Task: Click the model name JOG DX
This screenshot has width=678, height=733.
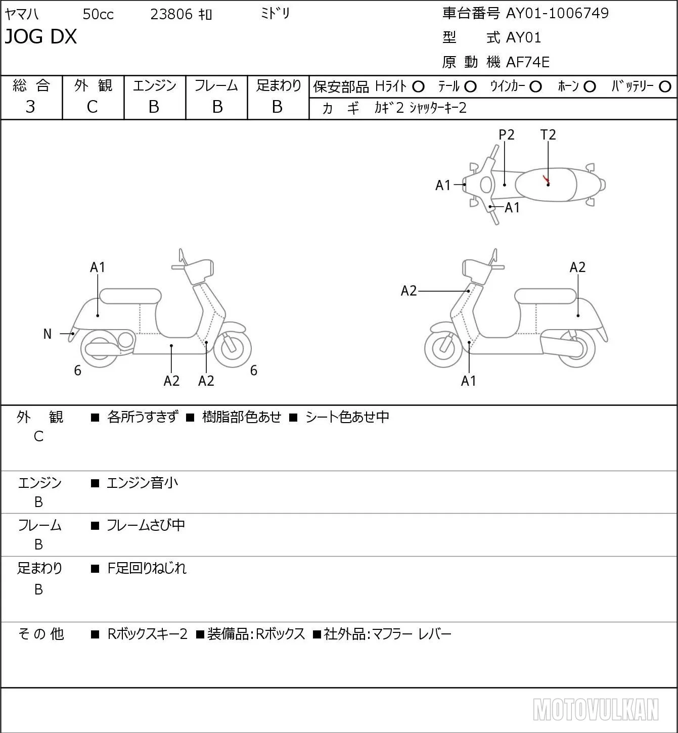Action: [x=40, y=36]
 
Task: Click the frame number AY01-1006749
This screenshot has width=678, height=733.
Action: [x=557, y=13]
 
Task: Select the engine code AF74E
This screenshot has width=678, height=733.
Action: [x=528, y=62]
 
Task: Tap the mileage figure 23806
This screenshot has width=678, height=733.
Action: [x=171, y=14]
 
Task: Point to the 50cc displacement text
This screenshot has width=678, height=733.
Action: [x=98, y=14]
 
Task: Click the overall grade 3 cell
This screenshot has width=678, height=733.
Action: [x=30, y=107]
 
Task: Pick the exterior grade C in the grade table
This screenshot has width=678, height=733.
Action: [x=92, y=107]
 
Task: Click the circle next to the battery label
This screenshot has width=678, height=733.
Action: [x=665, y=86]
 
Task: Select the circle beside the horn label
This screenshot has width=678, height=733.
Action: [x=590, y=86]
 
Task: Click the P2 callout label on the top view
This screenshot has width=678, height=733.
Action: [x=506, y=134]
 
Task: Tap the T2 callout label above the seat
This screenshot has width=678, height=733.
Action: [x=548, y=134]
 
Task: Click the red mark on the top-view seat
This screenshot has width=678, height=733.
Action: [x=546, y=179]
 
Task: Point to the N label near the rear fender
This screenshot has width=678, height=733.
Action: [x=47, y=334]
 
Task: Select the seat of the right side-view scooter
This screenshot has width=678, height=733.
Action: [x=545, y=296]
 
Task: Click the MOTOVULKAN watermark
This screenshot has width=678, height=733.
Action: [x=596, y=709]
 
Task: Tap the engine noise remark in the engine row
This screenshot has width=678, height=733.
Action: [x=142, y=483]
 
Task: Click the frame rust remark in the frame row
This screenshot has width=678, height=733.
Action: [x=146, y=525]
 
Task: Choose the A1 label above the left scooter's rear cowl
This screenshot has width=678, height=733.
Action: [x=98, y=267]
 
